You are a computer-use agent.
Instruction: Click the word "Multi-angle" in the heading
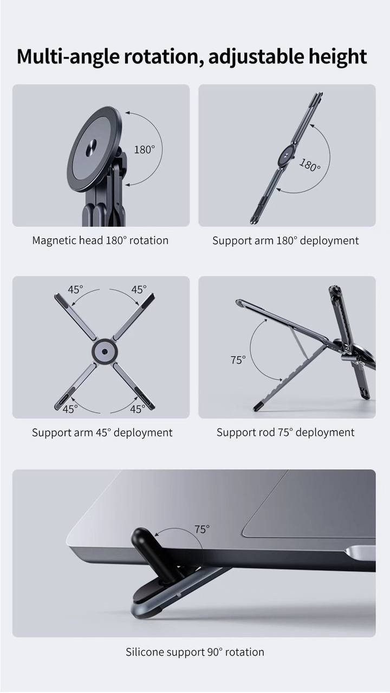click(68, 57)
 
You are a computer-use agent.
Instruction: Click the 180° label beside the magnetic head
click(144, 150)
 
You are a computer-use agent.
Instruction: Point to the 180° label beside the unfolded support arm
click(309, 165)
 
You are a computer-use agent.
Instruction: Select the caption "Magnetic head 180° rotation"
click(100, 240)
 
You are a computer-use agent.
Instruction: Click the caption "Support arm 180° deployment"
click(285, 240)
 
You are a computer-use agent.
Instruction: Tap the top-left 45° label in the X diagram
click(75, 290)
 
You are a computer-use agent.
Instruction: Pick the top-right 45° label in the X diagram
click(139, 290)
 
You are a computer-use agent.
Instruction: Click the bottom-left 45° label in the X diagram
click(70, 409)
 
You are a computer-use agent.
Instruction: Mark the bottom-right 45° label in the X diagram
click(138, 409)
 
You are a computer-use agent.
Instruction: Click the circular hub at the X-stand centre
click(105, 351)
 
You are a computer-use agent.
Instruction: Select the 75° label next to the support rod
click(238, 360)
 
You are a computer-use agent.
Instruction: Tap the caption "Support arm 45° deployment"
click(102, 432)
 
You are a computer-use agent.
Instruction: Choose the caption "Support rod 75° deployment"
click(285, 432)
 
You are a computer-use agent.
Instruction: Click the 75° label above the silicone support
click(202, 529)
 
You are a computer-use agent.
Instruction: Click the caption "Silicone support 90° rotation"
click(195, 652)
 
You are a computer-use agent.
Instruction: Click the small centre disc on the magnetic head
click(92, 147)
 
